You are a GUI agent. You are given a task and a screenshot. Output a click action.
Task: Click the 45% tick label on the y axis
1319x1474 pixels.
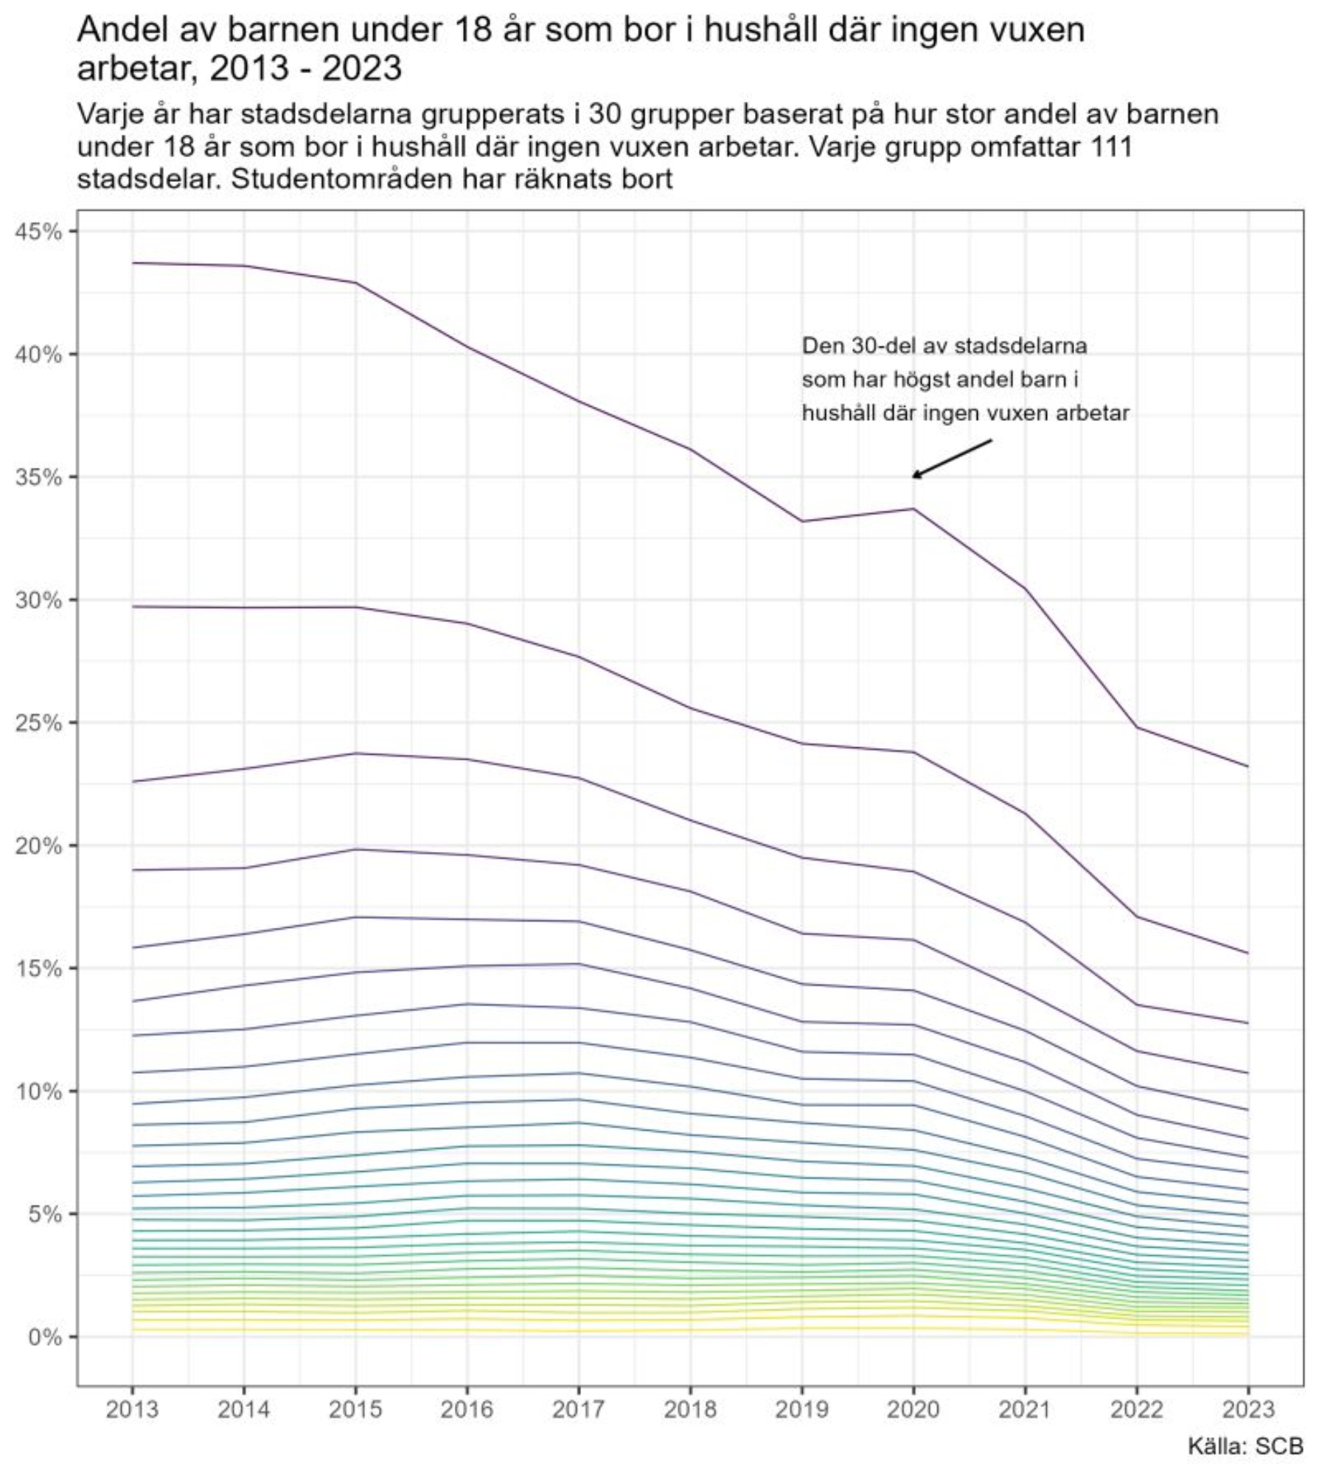[x=38, y=232]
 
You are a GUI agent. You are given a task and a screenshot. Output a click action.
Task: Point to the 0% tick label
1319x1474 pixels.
[x=44, y=1337]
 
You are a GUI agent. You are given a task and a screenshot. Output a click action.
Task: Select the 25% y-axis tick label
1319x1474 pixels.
[x=38, y=723]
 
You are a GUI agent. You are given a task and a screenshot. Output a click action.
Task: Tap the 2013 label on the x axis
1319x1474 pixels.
[x=133, y=1409]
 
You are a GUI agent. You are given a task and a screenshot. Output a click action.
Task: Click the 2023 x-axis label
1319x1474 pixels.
[x=1248, y=1409]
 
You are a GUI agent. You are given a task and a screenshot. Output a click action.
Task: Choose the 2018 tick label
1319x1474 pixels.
[x=690, y=1409]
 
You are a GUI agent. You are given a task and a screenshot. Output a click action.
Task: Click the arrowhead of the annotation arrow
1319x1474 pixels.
[x=914, y=477]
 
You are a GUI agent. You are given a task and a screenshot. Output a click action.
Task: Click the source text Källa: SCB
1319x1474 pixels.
[x=1245, y=1445]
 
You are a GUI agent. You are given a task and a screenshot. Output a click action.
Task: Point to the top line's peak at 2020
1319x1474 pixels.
[x=913, y=509]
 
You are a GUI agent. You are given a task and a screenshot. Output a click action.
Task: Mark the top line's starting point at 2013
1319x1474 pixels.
[x=133, y=263]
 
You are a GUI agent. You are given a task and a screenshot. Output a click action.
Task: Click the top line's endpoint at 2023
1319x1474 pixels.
[x=1248, y=766]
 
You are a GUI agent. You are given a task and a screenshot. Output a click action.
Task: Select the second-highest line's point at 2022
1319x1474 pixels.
[x=1137, y=916]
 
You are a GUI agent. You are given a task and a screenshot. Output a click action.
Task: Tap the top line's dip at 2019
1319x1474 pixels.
[x=802, y=521]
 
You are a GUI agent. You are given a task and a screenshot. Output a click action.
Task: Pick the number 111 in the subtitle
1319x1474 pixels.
[x=1110, y=147]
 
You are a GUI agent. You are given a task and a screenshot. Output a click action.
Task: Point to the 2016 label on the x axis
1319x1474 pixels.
[x=467, y=1409]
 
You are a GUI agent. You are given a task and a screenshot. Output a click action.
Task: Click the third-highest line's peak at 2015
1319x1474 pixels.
[x=356, y=753]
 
